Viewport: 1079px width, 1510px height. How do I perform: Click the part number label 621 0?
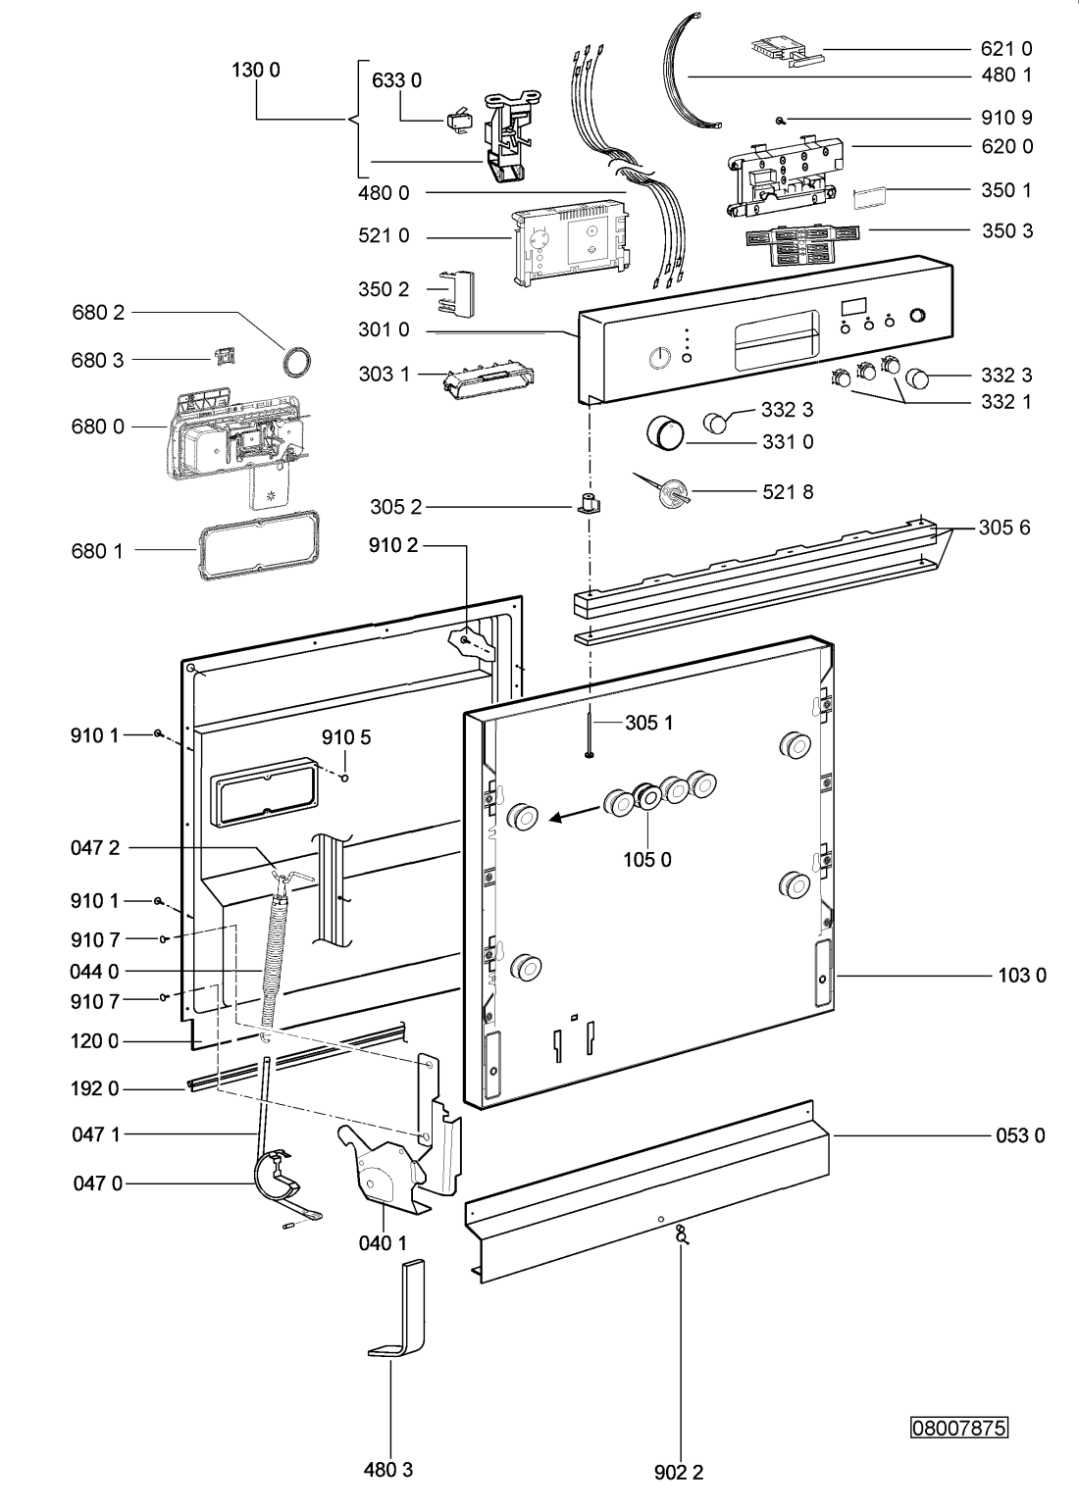click(1006, 49)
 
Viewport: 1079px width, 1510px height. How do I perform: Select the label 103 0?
click(1022, 976)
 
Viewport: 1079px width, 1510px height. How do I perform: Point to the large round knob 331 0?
click(663, 432)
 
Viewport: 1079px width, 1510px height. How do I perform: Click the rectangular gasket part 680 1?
click(259, 547)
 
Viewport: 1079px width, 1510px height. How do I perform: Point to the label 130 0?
click(256, 71)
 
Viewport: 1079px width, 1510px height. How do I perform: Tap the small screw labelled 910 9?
click(780, 120)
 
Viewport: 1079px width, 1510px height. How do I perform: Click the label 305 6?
click(1004, 528)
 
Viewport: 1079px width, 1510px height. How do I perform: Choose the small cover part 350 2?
click(457, 292)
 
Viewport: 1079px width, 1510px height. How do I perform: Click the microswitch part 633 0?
click(459, 122)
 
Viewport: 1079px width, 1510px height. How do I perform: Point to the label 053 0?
click(1020, 1135)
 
